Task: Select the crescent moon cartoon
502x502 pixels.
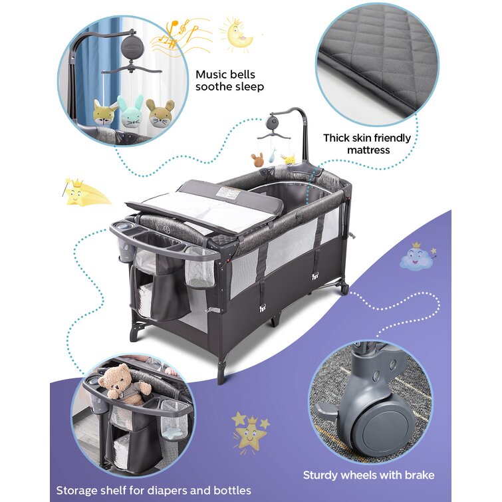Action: pyautogui.click(x=237, y=35)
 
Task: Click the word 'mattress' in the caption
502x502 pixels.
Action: pyautogui.click(x=368, y=150)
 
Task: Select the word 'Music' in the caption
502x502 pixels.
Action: pyautogui.click(x=210, y=74)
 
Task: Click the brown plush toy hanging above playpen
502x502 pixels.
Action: pyautogui.click(x=257, y=160)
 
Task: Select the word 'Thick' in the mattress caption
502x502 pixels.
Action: pyautogui.click(x=336, y=138)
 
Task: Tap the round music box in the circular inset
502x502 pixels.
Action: pyautogui.click(x=130, y=47)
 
